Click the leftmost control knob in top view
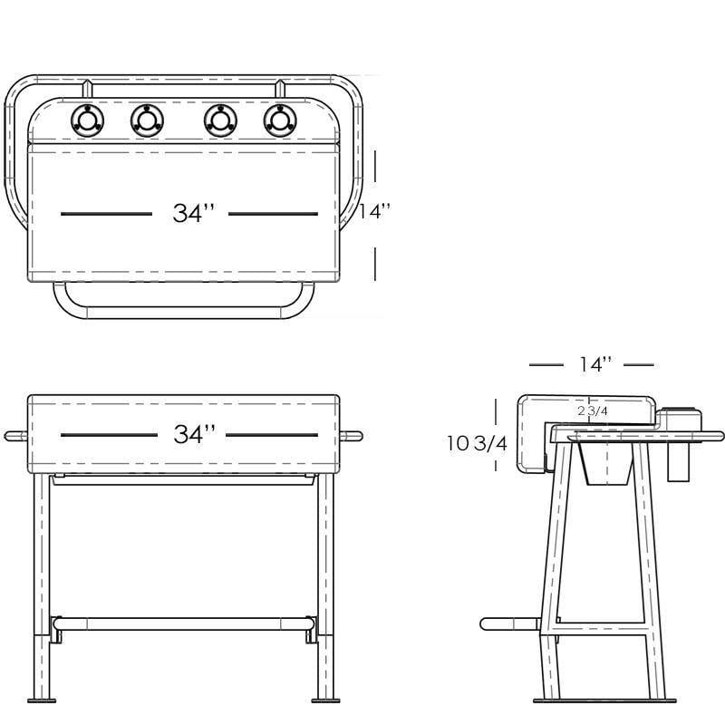tap(88, 121)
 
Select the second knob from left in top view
tap(147, 121)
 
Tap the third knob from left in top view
tap(220, 121)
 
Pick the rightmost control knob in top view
tap(280, 121)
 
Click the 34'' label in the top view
tap(194, 214)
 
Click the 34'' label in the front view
tap(194, 434)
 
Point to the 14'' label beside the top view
tap(374, 211)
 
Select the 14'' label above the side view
tap(595, 364)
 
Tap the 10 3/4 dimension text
tap(477, 442)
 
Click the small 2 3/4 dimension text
tap(592, 411)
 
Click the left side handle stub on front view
tap(15, 436)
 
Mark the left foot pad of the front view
tap(42, 699)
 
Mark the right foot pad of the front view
tap(325, 699)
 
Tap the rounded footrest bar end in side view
tap(489, 623)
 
